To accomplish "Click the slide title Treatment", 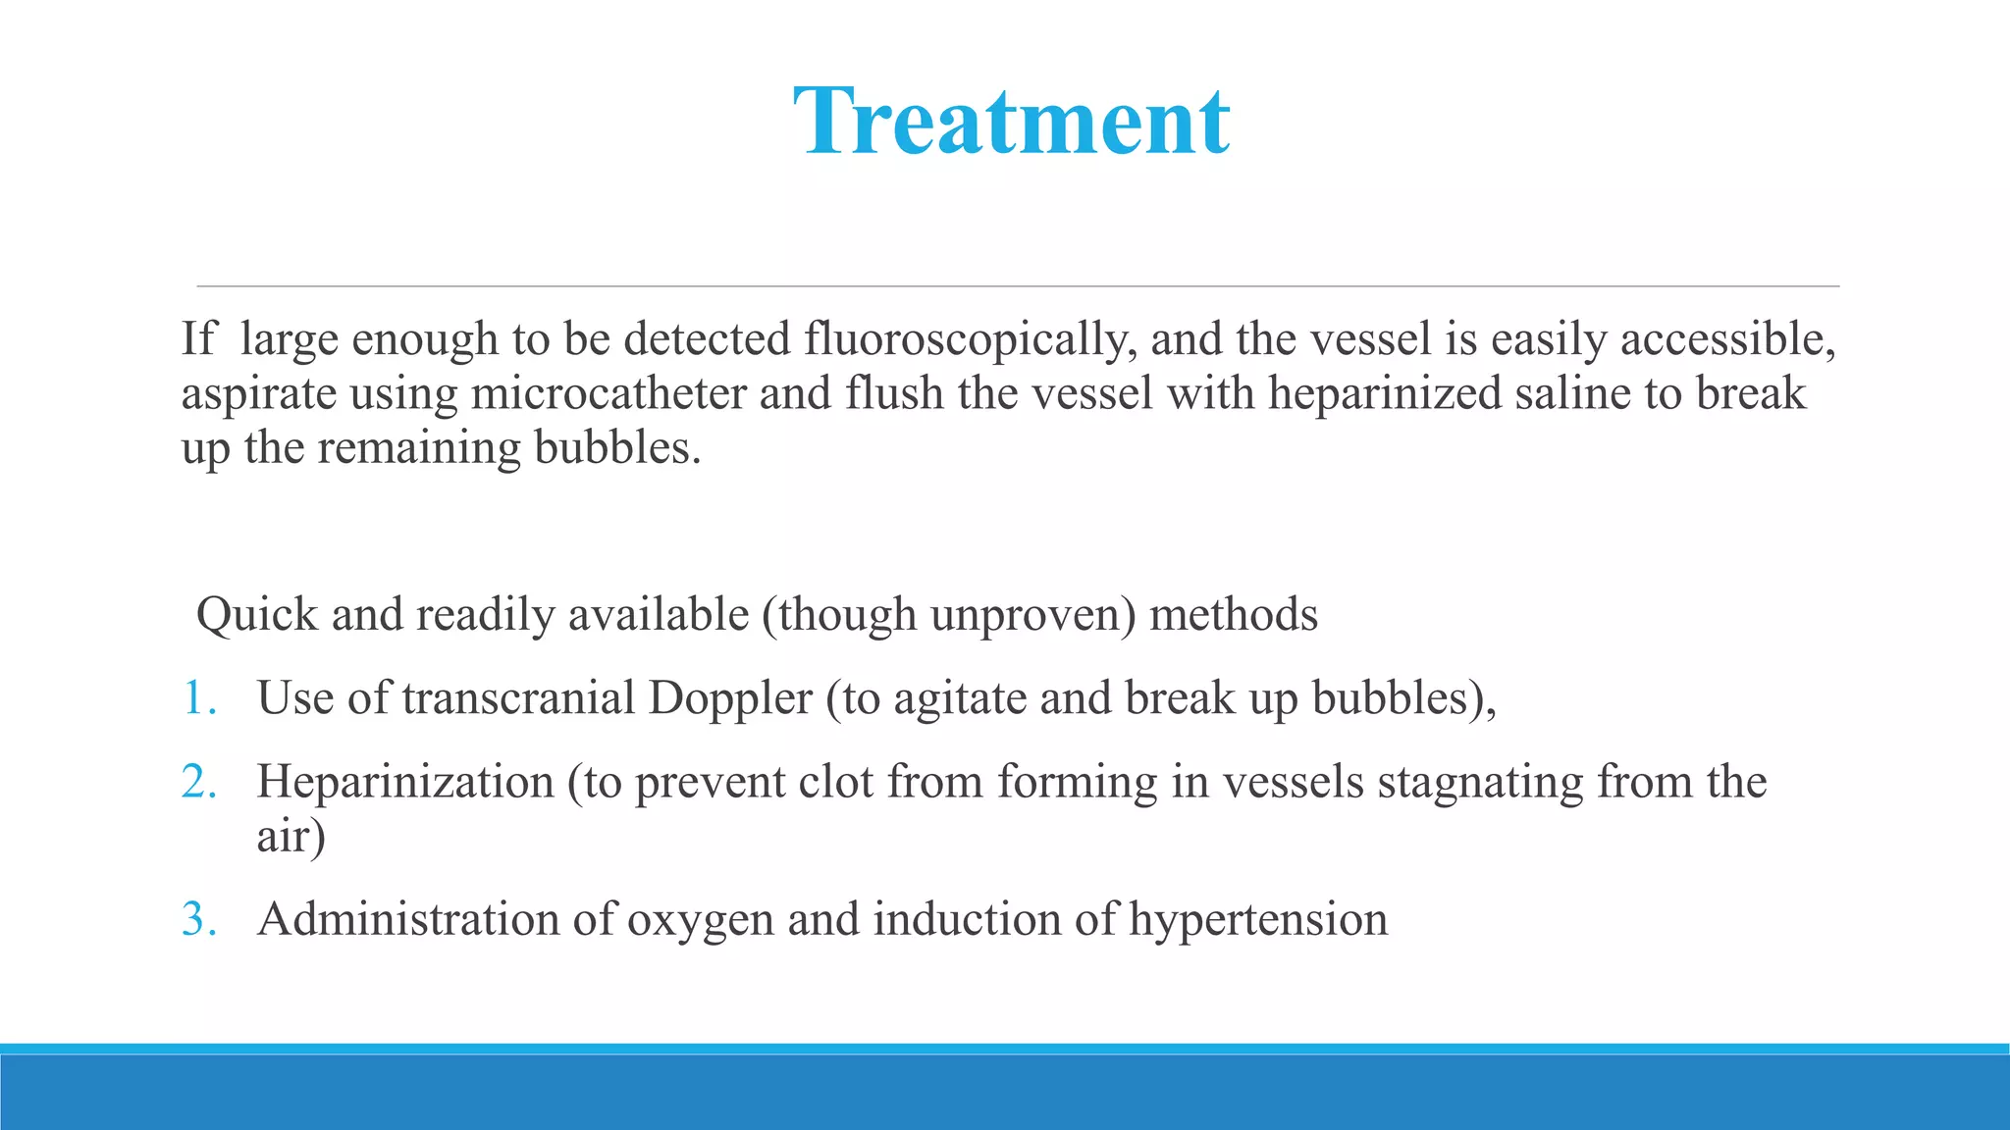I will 1011,122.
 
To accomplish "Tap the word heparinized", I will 1384,394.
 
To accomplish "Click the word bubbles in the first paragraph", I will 616,448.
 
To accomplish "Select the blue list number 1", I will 199,699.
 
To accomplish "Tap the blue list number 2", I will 199,783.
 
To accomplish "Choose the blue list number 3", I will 199,920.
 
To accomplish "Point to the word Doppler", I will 730,699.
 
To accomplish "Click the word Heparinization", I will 405,783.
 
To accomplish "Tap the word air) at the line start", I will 291,837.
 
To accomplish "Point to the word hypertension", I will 1258,920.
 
